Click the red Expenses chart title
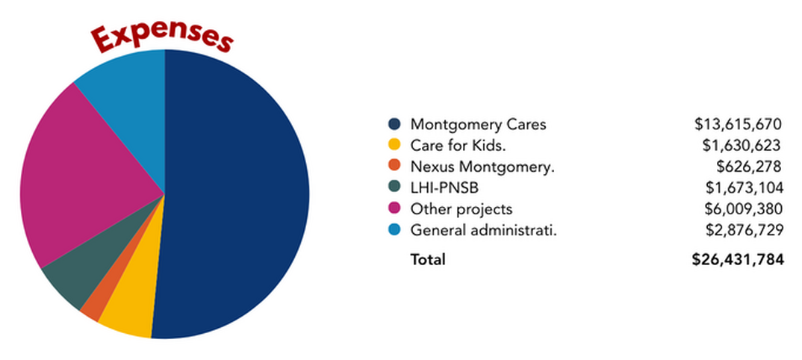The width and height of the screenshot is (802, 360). coord(161,38)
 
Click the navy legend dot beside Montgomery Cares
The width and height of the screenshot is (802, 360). coord(394,124)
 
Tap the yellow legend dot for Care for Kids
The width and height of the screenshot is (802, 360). coord(394,145)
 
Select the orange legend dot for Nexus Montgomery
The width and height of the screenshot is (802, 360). coord(394,167)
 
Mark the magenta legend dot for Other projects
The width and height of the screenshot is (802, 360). coord(394,208)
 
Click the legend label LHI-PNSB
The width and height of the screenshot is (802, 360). coord(444,187)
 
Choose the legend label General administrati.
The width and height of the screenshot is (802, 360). coord(483,230)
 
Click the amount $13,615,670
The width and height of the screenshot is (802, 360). coord(739,124)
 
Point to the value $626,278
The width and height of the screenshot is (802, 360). coord(749,167)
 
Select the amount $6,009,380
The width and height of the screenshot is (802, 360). coord(744,209)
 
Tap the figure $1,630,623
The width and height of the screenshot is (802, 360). coord(742,145)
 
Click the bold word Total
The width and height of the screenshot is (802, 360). coord(428,260)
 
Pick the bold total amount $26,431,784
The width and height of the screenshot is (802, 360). coord(738,260)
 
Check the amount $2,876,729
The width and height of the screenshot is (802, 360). coord(745,230)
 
